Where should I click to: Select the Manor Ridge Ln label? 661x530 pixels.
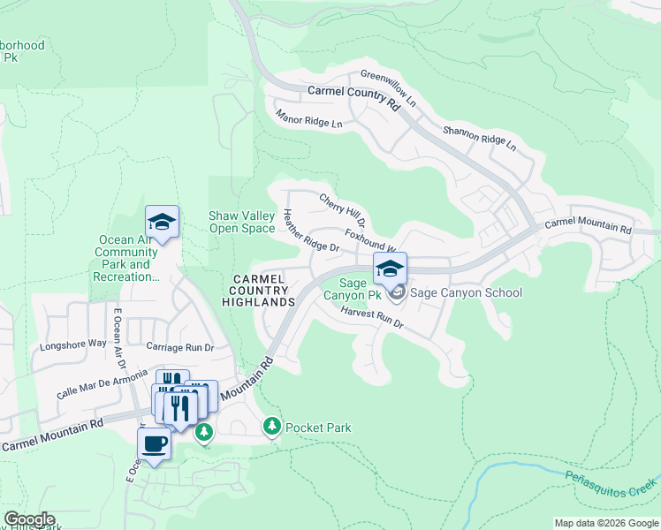308,119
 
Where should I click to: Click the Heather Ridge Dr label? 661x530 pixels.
311,231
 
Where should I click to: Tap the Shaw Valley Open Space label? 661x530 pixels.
241,222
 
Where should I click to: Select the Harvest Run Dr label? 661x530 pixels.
371,318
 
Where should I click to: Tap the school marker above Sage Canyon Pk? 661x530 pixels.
391,267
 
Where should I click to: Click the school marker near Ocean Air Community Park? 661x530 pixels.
163,221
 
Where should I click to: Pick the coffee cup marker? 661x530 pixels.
154,443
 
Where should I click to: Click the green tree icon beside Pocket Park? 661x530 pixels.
272,428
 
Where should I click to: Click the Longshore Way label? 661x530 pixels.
73,344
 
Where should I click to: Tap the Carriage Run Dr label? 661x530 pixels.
180,347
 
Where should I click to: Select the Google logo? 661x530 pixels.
28,519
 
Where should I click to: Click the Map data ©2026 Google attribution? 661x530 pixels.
606,523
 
